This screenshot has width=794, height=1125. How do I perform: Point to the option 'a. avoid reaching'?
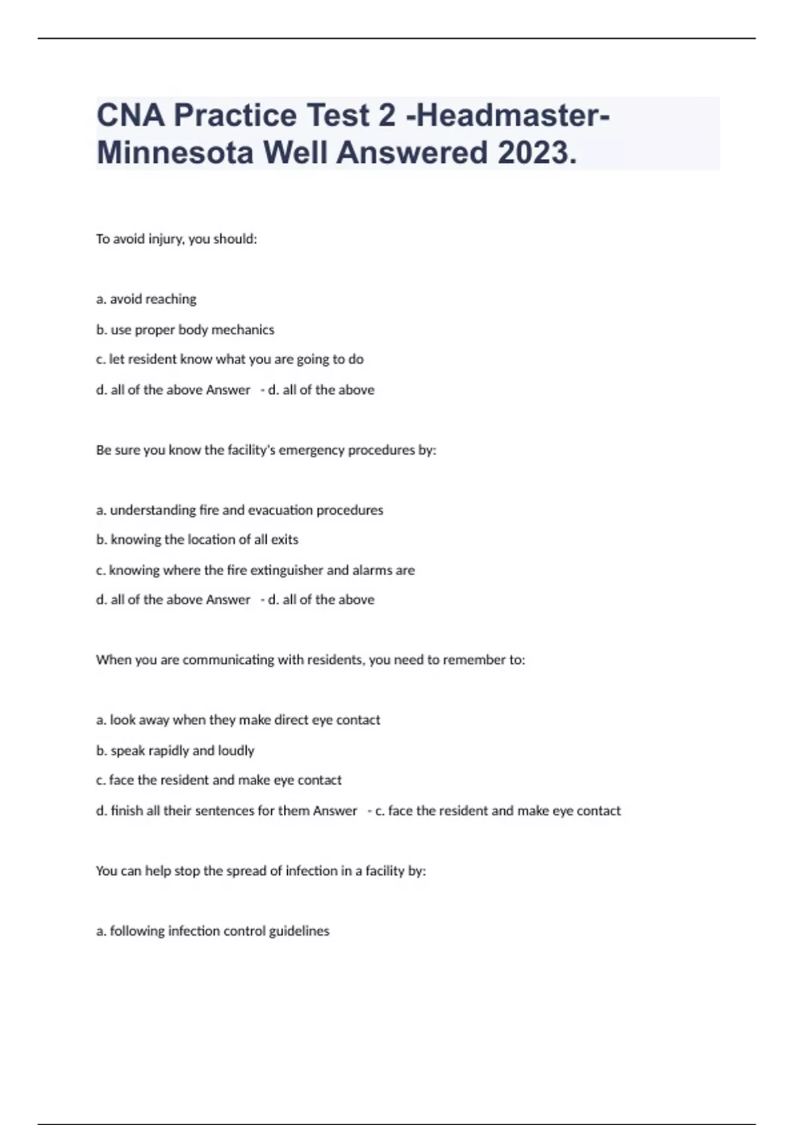pos(146,299)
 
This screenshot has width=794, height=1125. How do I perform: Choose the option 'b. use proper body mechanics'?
pos(185,330)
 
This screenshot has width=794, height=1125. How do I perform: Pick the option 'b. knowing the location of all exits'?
pos(197,539)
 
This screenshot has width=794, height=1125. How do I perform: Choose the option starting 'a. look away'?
pos(238,720)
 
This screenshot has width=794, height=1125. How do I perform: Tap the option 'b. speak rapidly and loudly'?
pos(175,750)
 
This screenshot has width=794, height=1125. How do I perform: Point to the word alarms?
pos(372,570)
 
